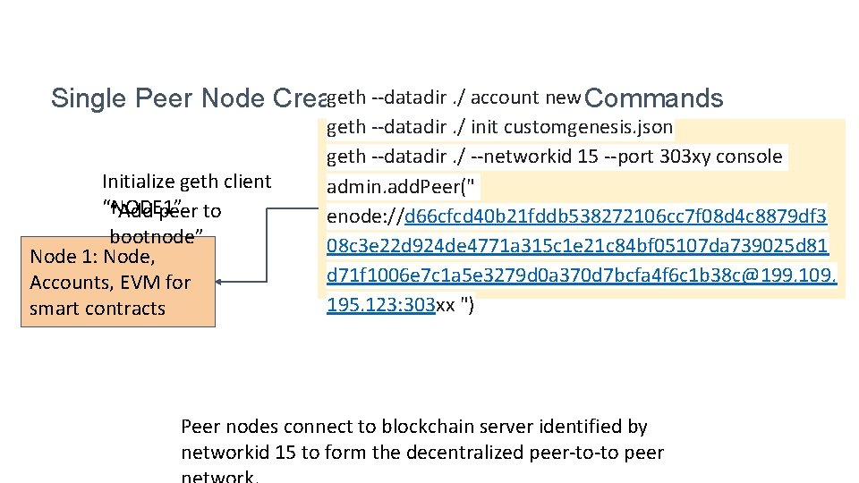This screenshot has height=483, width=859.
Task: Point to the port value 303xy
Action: pyautogui.click(x=680, y=157)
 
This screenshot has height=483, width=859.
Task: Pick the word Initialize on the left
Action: pyautogui.click(x=139, y=182)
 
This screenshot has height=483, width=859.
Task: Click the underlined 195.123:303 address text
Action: pyautogui.click(x=380, y=307)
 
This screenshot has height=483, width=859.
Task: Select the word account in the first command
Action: pyautogui.click(x=506, y=97)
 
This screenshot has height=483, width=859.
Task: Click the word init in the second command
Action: pyautogui.click(x=484, y=127)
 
